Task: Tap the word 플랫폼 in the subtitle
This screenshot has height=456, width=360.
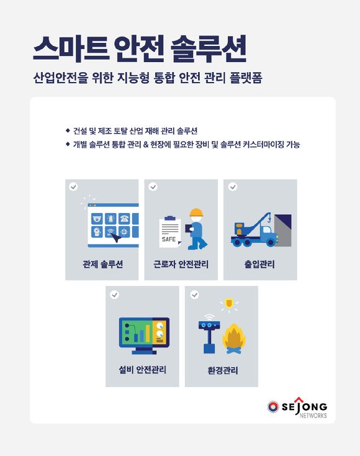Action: [x=246, y=78]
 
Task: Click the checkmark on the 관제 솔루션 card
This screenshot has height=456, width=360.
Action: [x=73, y=186]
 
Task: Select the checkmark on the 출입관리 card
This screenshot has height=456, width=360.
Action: [x=233, y=186]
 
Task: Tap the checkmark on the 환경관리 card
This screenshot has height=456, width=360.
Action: [x=194, y=294]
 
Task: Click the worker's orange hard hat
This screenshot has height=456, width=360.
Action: [x=196, y=212]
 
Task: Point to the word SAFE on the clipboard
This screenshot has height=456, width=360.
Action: [x=169, y=239]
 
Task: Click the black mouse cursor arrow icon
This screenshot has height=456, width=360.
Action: [x=116, y=237]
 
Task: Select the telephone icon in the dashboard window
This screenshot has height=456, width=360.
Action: [x=124, y=219]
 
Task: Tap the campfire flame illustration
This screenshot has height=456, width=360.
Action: [x=234, y=339]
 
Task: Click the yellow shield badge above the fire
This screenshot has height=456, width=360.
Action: [x=229, y=304]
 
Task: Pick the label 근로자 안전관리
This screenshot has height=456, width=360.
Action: [x=181, y=264]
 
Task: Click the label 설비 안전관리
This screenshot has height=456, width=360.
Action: [x=142, y=370]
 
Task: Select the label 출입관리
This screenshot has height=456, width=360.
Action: [x=259, y=264]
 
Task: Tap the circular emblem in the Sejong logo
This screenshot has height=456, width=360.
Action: [x=273, y=407]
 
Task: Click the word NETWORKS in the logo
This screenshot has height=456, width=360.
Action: [x=313, y=416]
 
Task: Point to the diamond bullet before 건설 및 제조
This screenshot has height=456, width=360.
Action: [x=68, y=130]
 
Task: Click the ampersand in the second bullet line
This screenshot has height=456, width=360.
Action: [x=146, y=145]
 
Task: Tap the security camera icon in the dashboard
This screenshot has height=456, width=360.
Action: [x=97, y=219]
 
